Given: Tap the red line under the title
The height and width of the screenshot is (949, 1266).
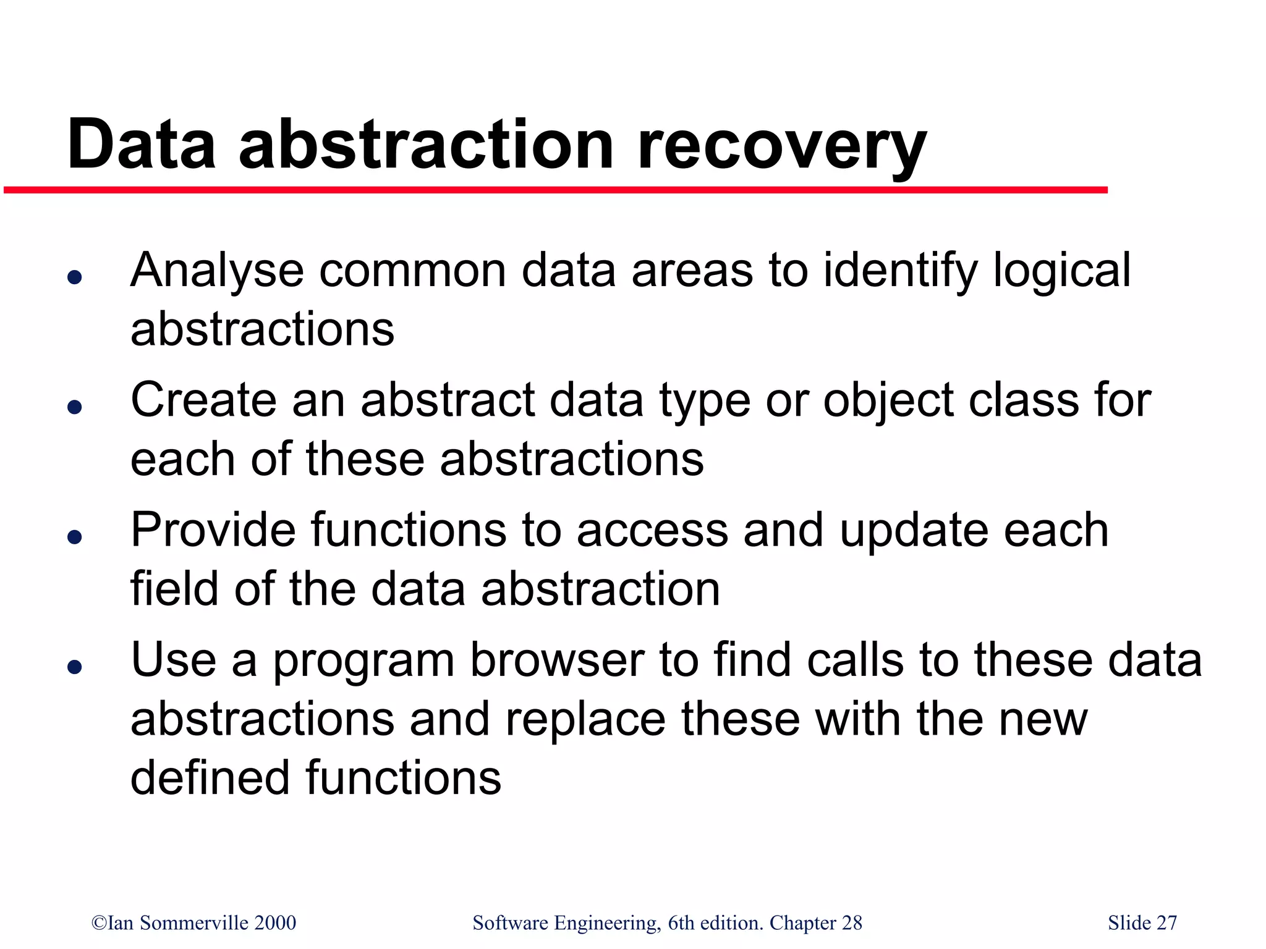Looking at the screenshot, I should pos(556,190).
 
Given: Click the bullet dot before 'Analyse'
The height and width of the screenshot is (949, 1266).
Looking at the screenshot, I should pos(75,277).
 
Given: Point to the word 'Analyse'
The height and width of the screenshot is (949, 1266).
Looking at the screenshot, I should pos(217,272).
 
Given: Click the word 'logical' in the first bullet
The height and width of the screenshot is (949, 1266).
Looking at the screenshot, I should pos(1061,272).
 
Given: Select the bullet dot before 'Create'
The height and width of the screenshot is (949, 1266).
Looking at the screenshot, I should pos(75,407).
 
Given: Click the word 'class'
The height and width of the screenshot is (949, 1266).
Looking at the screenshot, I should pos(1023,400).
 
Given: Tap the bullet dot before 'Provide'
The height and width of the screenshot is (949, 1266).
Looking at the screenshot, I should pos(75,536).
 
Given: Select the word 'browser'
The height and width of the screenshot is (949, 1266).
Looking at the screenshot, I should pos(557,660).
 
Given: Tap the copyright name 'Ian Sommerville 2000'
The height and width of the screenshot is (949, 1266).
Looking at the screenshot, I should pos(194,922).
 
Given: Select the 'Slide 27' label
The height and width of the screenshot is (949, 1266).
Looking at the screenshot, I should pos(1142,922).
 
